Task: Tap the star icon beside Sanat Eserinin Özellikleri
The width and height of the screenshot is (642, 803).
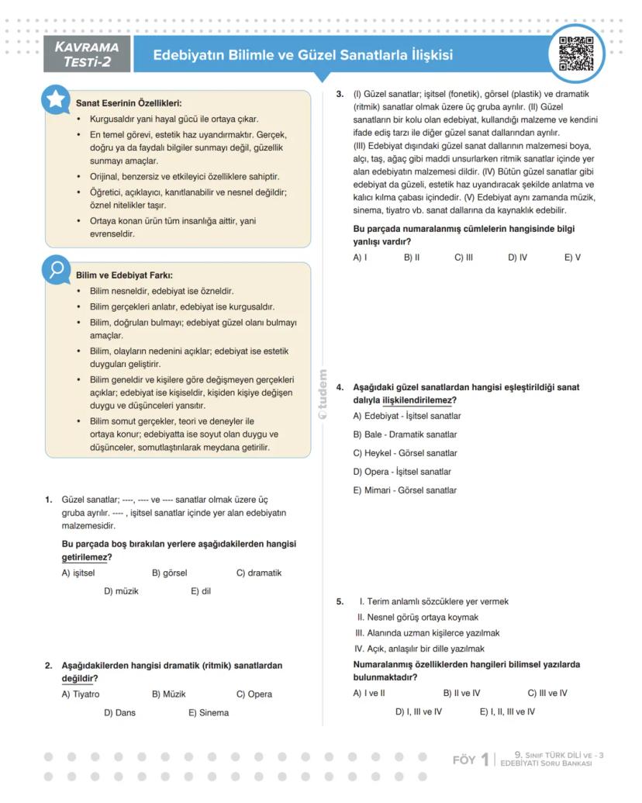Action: pos(57,99)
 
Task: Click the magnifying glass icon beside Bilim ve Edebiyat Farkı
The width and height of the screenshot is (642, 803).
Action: pos(57,269)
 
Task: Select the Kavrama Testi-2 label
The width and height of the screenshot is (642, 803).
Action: pos(87,54)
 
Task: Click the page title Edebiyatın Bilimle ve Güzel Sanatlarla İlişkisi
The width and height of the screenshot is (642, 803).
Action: pos(302,55)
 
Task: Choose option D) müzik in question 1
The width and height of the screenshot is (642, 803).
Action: pos(121,591)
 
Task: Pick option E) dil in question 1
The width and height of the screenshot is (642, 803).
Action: pos(201,591)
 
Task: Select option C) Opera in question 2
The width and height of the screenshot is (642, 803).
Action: pos(254,694)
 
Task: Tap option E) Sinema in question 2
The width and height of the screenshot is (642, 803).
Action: pos(208,712)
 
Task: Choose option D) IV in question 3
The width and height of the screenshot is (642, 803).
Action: pos(517,258)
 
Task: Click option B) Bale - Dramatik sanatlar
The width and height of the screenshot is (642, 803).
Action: pos(405,434)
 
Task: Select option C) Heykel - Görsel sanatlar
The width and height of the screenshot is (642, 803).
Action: pos(405,453)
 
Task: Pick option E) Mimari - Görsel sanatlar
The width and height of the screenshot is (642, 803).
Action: pos(405,490)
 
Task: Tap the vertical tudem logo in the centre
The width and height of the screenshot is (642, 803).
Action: pos(323,394)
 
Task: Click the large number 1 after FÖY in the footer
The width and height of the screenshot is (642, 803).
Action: pos(485,760)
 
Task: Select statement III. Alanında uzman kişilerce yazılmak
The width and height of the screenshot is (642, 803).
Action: pos(427,633)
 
